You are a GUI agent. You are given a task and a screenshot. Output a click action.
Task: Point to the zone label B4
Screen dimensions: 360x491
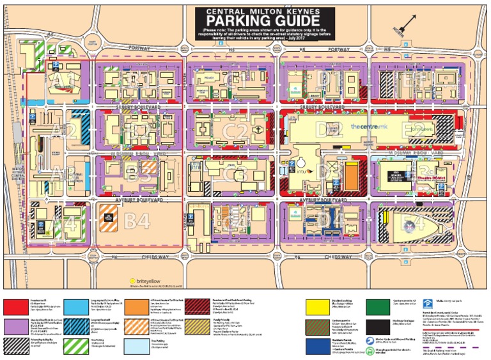(136, 221)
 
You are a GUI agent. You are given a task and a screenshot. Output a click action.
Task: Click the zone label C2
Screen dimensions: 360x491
(235, 132)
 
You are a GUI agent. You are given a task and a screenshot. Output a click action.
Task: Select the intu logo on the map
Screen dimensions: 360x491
(301, 171)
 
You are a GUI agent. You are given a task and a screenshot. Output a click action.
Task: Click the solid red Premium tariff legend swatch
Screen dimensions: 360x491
(20, 306)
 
